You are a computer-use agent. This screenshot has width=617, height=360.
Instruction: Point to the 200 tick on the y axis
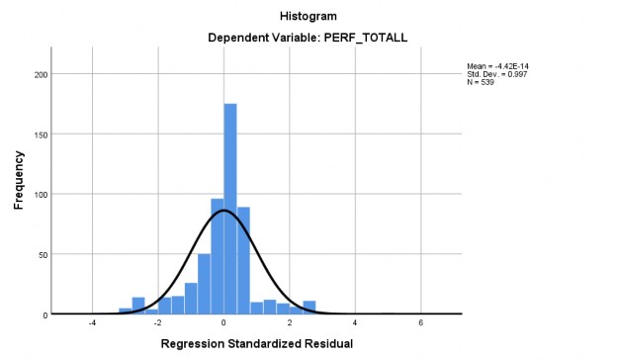point(41,74)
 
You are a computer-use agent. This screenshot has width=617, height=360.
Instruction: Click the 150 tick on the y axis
point(41,135)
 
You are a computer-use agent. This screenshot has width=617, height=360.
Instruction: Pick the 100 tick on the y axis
point(41,195)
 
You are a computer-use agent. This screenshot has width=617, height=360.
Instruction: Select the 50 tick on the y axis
point(43,254)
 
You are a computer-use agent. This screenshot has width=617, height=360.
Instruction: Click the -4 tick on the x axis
point(91,322)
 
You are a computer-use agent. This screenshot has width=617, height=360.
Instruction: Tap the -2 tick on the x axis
point(157,322)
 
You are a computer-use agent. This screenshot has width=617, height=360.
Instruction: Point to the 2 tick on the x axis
point(290,322)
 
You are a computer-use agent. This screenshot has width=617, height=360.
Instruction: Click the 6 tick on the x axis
point(421,322)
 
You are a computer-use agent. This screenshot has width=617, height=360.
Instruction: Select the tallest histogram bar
point(230,208)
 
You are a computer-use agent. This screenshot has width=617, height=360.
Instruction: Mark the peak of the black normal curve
point(223,211)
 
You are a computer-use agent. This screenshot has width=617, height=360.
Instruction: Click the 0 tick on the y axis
point(45,315)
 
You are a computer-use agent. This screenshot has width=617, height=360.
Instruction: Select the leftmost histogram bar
point(126,312)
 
